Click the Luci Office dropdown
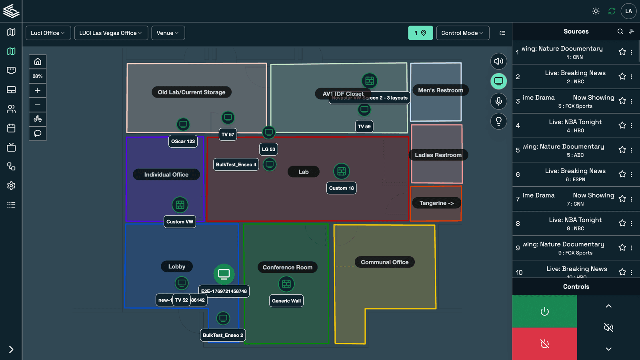pos(48,33)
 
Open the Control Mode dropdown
pos(462,33)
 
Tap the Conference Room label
pos(287,267)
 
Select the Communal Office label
pos(384,262)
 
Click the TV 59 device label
pos(364,126)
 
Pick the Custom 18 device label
pos(341,188)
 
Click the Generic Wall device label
pos(286,301)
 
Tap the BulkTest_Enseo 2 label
pos(223,335)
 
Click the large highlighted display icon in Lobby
pos(224,274)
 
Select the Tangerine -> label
pos(436,203)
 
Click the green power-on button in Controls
pos(544,311)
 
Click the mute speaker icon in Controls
pos(608,328)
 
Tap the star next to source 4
pos(622,126)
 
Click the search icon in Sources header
pos(620,31)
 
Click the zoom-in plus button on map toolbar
pos(38,90)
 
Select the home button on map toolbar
pos(38,62)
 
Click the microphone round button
pos(499,101)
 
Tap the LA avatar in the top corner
pos(628,11)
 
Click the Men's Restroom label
pos(440,90)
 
